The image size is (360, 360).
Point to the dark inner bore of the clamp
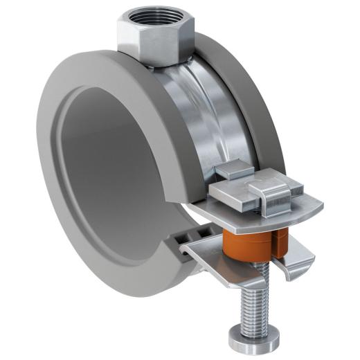click(111, 173)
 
